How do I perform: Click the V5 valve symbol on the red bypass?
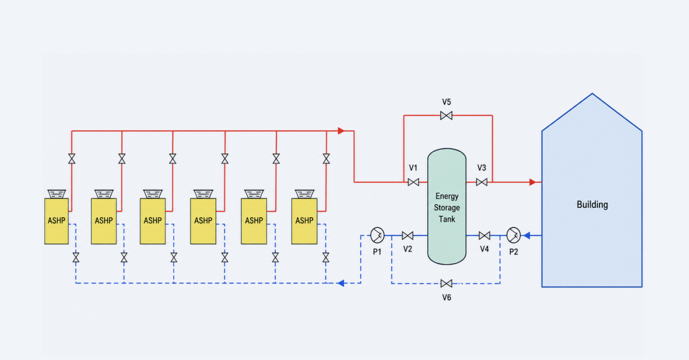pyautogui.click(x=447, y=115)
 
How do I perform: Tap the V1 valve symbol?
pyautogui.click(x=413, y=182)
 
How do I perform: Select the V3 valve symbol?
pyautogui.click(x=482, y=182)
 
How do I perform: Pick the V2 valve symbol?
pyautogui.click(x=408, y=236)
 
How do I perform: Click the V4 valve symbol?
pyautogui.click(x=485, y=236)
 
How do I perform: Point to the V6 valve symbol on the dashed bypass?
pyautogui.click(x=447, y=284)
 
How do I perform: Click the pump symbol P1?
pyautogui.click(x=377, y=235)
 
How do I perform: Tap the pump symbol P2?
pyautogui.click(x=513, y=235)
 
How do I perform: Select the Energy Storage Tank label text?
pyautogui.click(x=447, y=208)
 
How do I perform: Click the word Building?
pyautogui.click(x=593, y=205)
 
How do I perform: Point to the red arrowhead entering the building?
pyautogui.click(x=532, y=182)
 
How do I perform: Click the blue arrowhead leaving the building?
pyautogui.click(x=526, y=236)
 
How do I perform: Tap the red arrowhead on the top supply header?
pyautogui.click(x=341, y=131)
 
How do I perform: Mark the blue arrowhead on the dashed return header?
pyautogui.click(x=341, y=283)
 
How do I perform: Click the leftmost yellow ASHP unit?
pyautogui.click(x=56, y=221)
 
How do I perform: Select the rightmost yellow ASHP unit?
pyautogui.click(x=304, y=221)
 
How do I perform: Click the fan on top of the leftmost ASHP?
pyautogui.click(x=56, y=193)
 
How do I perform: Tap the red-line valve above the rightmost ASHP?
pyautogui.click(x=326, y=158)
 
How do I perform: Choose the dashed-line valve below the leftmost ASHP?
pyautogui.click(x=76, y=258)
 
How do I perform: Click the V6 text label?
pyautogui.click(x=447, y=297)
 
